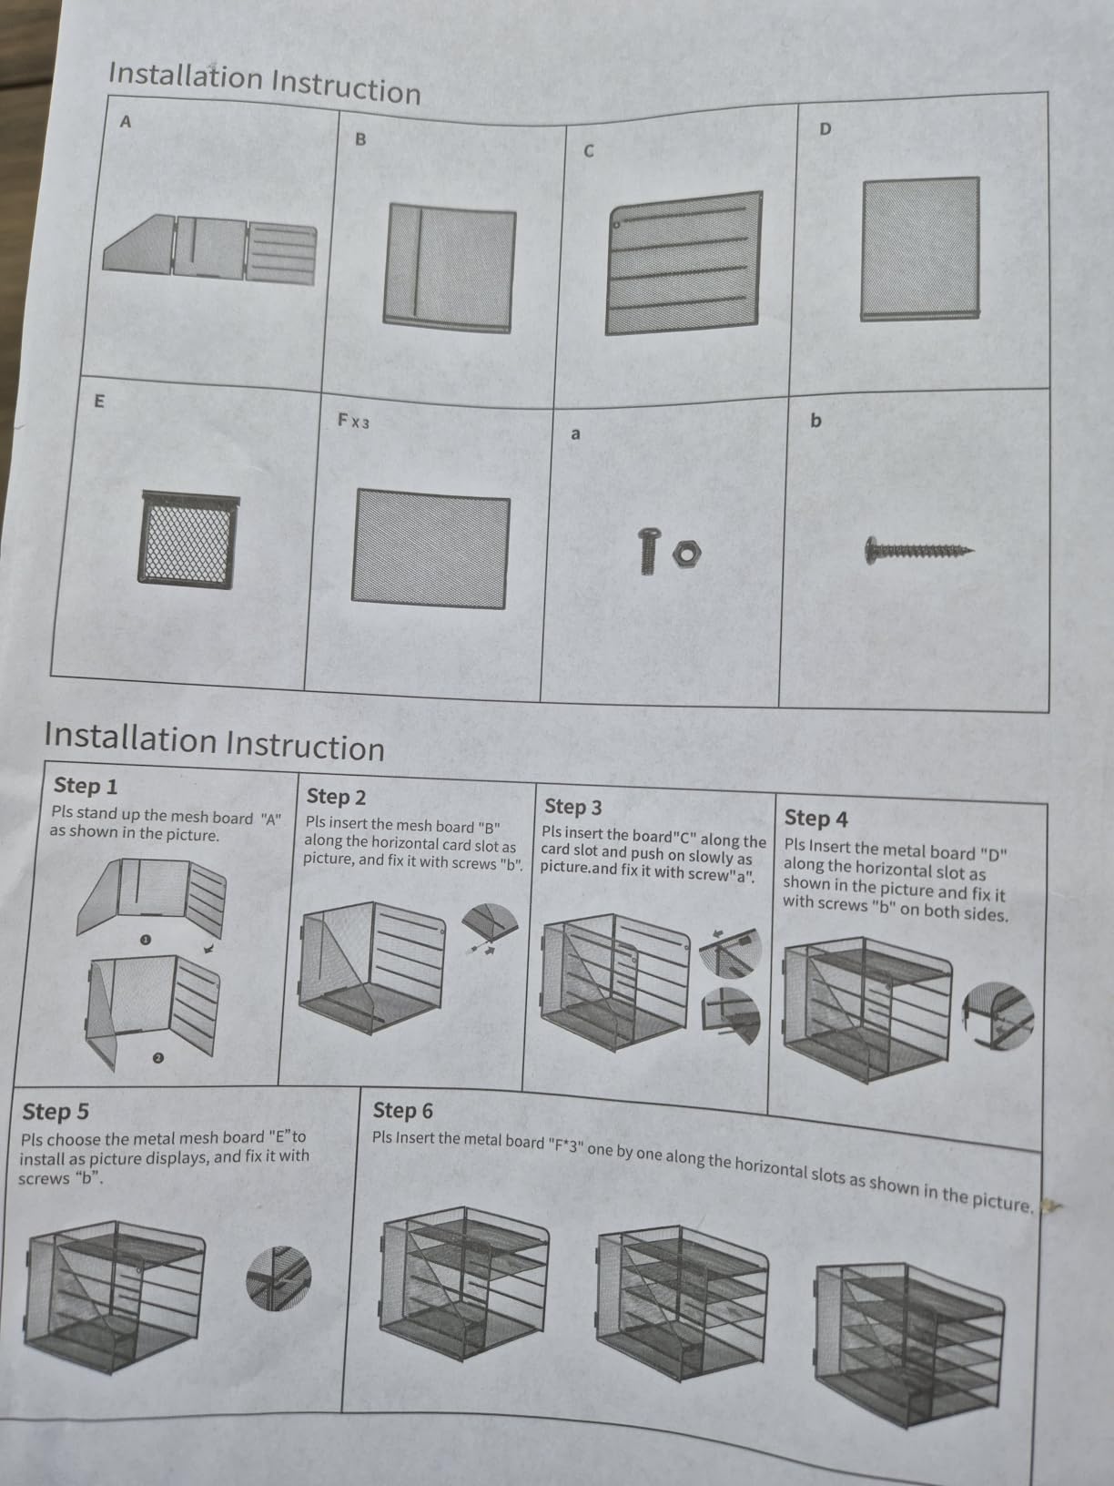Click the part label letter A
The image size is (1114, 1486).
[x=125, y=122]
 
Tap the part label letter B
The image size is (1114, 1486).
[x=360, y=138]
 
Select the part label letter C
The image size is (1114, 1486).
[x=589, y=151]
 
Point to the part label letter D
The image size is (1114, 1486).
[x=825, y=128]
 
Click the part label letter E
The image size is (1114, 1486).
[x=99, y=402]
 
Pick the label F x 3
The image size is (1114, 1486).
[x=353, y=421]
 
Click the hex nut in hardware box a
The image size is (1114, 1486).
[x=686, y=554]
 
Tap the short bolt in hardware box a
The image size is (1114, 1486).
[x=648, y=551]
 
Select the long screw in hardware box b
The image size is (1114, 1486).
[x=919, y=550]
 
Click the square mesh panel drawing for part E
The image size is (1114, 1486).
[x=188, y=540]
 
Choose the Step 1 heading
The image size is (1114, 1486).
[x=86, y=786]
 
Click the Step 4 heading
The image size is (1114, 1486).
[x=815, y=819]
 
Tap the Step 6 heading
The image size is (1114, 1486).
[x=402, y=1110]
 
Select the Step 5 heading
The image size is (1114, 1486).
[x=56, y=1112]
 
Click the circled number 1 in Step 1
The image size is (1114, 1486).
[x=145, y=940]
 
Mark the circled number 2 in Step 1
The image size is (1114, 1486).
[x=157, y=1057]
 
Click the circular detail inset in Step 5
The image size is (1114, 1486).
[x=278, y=1278]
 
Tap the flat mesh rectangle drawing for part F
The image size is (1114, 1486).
[x=430, y=548]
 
